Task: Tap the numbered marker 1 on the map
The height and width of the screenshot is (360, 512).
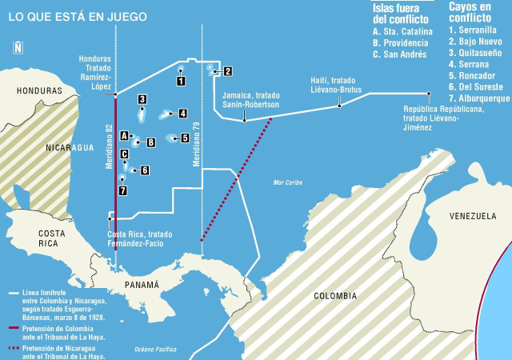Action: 182,80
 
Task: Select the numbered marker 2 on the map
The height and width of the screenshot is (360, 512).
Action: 227,71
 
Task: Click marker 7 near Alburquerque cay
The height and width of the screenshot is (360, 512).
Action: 122,190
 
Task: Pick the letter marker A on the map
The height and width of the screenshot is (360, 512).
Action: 125,136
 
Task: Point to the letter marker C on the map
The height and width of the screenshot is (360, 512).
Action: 125,154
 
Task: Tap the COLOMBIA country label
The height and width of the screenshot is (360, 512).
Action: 335,295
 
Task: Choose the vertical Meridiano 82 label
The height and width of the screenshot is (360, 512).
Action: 109,145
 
